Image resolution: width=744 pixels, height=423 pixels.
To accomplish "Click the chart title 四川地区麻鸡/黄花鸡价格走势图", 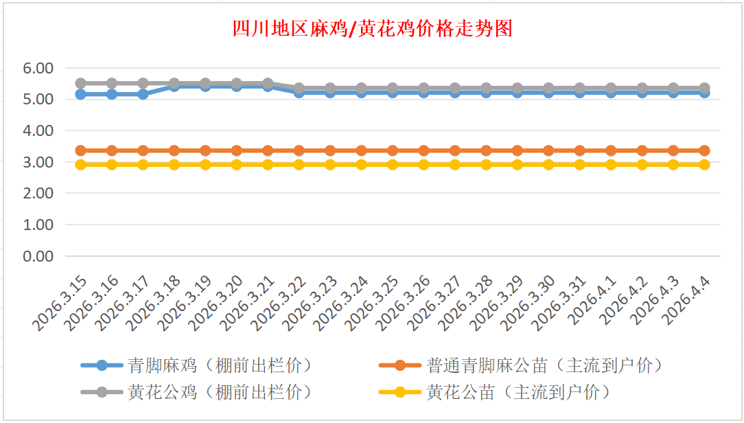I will [x=372, y=29].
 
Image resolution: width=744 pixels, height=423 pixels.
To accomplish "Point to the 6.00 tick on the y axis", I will [x=38, y=68].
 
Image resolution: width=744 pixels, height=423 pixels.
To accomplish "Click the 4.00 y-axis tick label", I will [x=38, y=130].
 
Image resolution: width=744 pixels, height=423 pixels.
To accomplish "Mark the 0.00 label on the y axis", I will [x=38, y=256].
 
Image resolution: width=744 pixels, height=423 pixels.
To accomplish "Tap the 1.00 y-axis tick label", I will [x=38, y=225].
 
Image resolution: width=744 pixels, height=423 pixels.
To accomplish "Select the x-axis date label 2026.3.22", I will [x=277, y=301].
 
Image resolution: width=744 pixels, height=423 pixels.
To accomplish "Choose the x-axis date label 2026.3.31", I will [x=558, y=301].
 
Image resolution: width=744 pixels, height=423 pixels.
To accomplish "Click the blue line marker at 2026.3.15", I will [x=80, y=94].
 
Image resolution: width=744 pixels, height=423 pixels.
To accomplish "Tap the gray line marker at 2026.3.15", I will [x=80, y=83].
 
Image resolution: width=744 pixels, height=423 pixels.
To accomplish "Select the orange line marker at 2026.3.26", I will [x=423, y=150].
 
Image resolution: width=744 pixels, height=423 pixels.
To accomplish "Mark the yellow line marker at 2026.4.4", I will [x=704, y=165].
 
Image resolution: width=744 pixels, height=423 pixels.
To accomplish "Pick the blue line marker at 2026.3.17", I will [x=143, y=94].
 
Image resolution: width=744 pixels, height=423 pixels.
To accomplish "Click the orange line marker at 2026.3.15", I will [x=80, y=150].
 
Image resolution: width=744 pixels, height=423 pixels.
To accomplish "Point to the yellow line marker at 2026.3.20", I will [x=236, y=165].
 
